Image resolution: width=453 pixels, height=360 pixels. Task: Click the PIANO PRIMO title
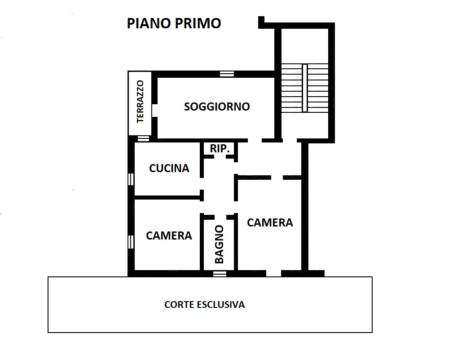[174, 23]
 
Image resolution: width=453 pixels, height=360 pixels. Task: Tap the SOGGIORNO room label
[217, 107]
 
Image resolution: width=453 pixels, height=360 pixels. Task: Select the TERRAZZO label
[140, 102]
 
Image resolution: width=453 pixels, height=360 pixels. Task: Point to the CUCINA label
[169, 168]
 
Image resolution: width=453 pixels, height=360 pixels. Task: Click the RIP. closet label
[220, 149]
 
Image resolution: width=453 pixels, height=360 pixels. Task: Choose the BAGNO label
[220, 244]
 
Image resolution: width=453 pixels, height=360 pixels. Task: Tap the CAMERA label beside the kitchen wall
[169, 236]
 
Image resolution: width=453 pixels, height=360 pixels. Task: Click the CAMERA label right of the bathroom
[270, 222]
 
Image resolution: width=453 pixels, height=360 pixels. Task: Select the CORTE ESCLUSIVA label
[205, 304]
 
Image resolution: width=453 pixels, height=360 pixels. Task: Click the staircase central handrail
[305, 88]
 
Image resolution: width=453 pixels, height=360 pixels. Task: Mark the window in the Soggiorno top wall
[227, 74]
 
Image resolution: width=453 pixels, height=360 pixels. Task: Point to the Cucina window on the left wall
[131, 179]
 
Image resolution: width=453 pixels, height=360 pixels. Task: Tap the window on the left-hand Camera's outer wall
[131, 242]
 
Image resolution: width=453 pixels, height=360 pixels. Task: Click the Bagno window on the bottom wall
[220, 274]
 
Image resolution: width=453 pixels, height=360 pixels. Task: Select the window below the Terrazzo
[143, 138]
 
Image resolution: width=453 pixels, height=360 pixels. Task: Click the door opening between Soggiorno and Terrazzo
[154, 110]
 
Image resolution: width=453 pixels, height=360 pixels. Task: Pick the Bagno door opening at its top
[220, 217]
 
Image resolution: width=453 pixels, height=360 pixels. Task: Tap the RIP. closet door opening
[220, 157]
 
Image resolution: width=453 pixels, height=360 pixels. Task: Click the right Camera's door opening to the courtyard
[273, 274]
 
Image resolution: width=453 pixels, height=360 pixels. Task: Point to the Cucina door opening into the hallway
[202, 184]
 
